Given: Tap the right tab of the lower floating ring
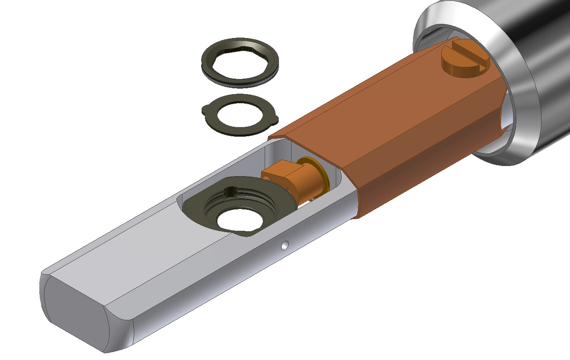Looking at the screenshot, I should [x=274, y=120].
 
